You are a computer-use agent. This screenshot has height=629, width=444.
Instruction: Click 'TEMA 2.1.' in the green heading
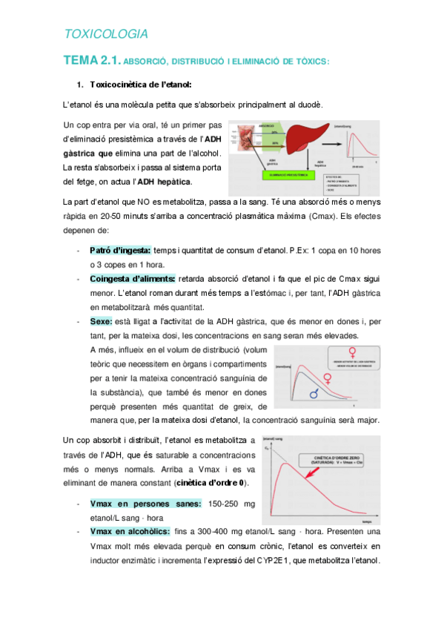(x=91, y=61)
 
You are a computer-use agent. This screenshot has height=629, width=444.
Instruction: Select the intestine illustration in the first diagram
(x=241, y=145)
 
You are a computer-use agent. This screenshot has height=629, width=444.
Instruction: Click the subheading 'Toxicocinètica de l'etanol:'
(x=140, y=85)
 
